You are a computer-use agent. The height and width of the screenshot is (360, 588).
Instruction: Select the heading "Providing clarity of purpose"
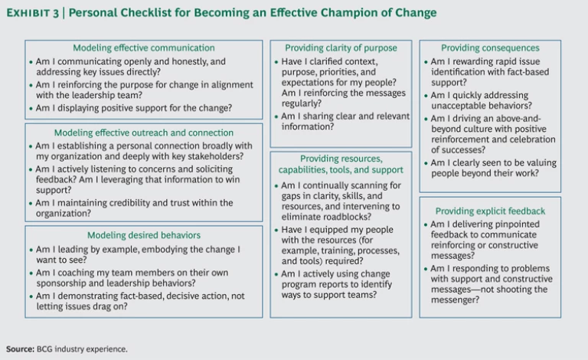(x=341, y=47)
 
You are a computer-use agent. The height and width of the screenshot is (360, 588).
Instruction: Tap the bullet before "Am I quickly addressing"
(x=425, y=96)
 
